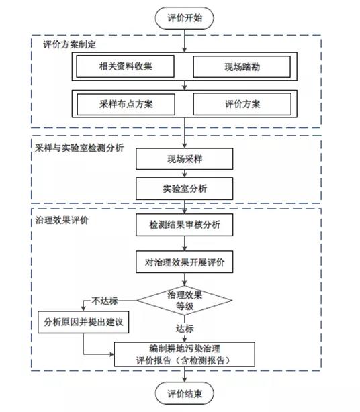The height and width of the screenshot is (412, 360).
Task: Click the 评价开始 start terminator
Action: (184, 18)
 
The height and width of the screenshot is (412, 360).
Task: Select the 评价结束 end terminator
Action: (184, 393)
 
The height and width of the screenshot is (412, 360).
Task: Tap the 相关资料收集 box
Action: (125, 66)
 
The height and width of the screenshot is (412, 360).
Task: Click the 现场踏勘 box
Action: (242, 66)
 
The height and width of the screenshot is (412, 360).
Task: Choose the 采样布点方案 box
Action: (126, 104)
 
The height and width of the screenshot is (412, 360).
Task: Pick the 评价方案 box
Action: (242, 104)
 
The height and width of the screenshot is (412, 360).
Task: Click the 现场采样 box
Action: (184, 159)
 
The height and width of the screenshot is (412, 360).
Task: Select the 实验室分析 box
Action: (184, 189)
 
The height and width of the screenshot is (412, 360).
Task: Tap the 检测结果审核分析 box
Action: (184, 225)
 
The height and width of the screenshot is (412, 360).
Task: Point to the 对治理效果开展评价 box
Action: (184, 262)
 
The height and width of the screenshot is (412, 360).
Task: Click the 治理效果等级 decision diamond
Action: (185, 300)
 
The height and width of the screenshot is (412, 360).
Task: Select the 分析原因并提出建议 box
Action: (83, 322)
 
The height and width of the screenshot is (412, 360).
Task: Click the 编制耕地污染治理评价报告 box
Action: (184, 354)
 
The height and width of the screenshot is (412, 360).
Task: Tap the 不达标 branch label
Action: (105, 301)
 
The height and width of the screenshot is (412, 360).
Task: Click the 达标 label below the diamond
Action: (185, 328)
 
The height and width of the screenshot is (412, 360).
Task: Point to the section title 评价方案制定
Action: (70, 44)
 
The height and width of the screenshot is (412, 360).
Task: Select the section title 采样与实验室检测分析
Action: (79, 148)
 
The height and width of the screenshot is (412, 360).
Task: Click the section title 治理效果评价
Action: (62, 220)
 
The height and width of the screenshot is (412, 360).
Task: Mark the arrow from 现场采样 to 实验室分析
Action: (184, 174)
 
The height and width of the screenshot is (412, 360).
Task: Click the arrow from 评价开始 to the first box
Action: (184, 41)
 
